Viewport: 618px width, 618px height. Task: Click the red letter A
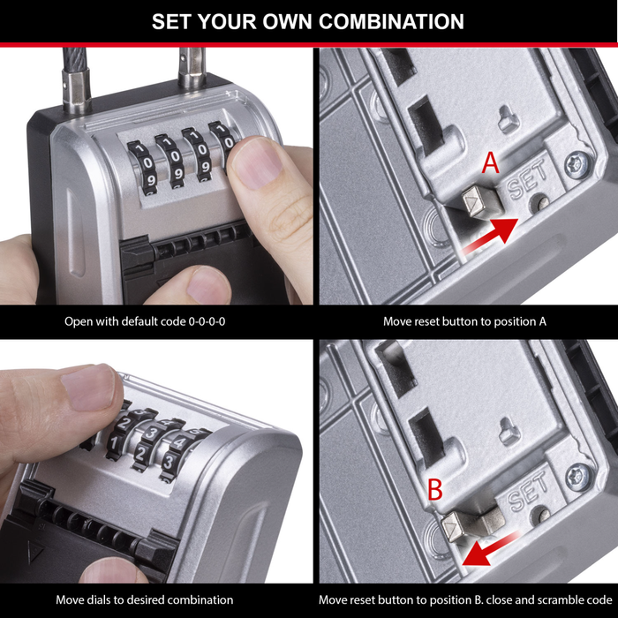tap(491, 163)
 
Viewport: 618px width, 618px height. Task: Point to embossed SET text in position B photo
tap(530, 489)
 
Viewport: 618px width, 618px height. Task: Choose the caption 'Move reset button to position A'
tap(464, 321)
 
